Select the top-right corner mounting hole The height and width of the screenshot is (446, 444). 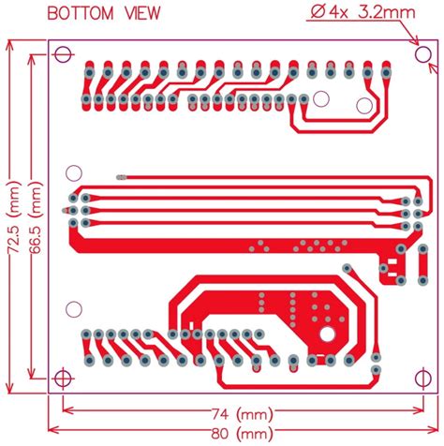click(x=422, y=53)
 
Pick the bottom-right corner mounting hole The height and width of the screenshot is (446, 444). click(x=422, y=379)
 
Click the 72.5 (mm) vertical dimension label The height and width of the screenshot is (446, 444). click(x=12, y=216)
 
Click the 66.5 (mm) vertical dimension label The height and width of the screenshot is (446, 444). click(x=35, y=216)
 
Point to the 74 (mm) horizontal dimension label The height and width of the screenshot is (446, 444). click(x=241, y=413)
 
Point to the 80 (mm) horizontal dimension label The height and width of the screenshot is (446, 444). click(x=241, y=433)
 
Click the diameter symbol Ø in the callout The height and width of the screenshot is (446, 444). click(x=313, y=12)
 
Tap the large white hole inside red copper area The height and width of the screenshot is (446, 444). click(x=328, y=334)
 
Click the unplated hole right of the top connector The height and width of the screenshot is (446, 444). click(x=322, y=97)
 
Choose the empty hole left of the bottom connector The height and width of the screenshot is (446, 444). click(x=72, y=307)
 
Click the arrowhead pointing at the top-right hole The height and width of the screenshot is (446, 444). click(x=412, y=42)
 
